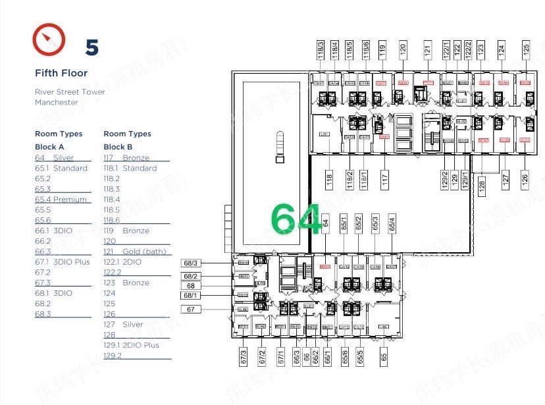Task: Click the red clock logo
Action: click(49, 40)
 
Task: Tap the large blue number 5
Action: click(92, 47)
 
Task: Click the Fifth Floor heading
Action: click(61, 73)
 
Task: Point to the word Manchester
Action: click(57, 102)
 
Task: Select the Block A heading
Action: click(49, 147)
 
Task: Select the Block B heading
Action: click(118, 147)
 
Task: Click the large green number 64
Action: click(296, 219)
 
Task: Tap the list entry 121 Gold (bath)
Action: click(135, 252)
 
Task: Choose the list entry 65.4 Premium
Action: click(61, 200)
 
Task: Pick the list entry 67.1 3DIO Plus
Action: click(62, 262)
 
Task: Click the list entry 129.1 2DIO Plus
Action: click(131, 345)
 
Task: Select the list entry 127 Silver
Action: click(123, 325)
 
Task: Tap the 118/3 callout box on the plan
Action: click(321, 50)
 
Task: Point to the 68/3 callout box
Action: click(191, 263)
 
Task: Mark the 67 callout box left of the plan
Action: click(191, 309)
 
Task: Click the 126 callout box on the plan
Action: click(525, 178)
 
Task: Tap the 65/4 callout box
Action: click(392, 223)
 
